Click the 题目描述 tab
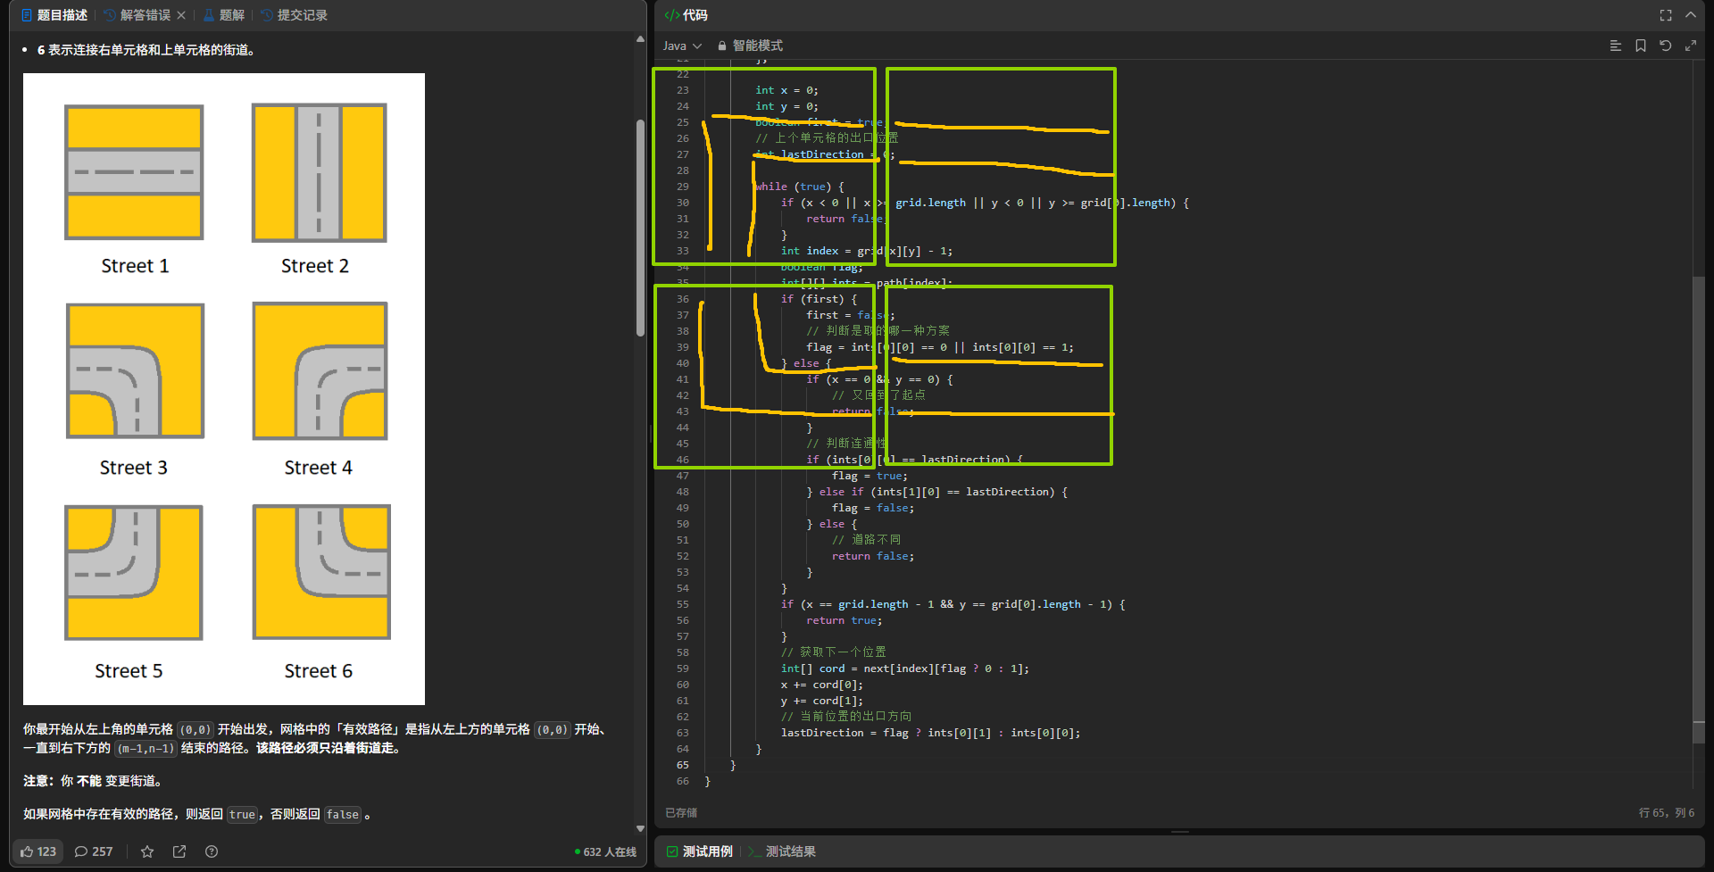(54, 15)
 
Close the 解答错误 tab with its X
(181, 15)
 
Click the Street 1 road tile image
(134, 172)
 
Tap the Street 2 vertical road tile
(319, 172)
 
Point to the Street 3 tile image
(135, 370)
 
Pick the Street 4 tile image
(320, 370)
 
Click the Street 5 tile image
(134, 572)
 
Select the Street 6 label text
(318, 671)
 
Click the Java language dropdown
(682, 46)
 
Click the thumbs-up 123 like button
(38, 851)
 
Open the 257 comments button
(94, 851)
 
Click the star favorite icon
(147, 851)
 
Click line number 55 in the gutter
(683, 604)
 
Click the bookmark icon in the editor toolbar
(1641, 46)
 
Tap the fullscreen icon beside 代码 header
(1666, 15)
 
